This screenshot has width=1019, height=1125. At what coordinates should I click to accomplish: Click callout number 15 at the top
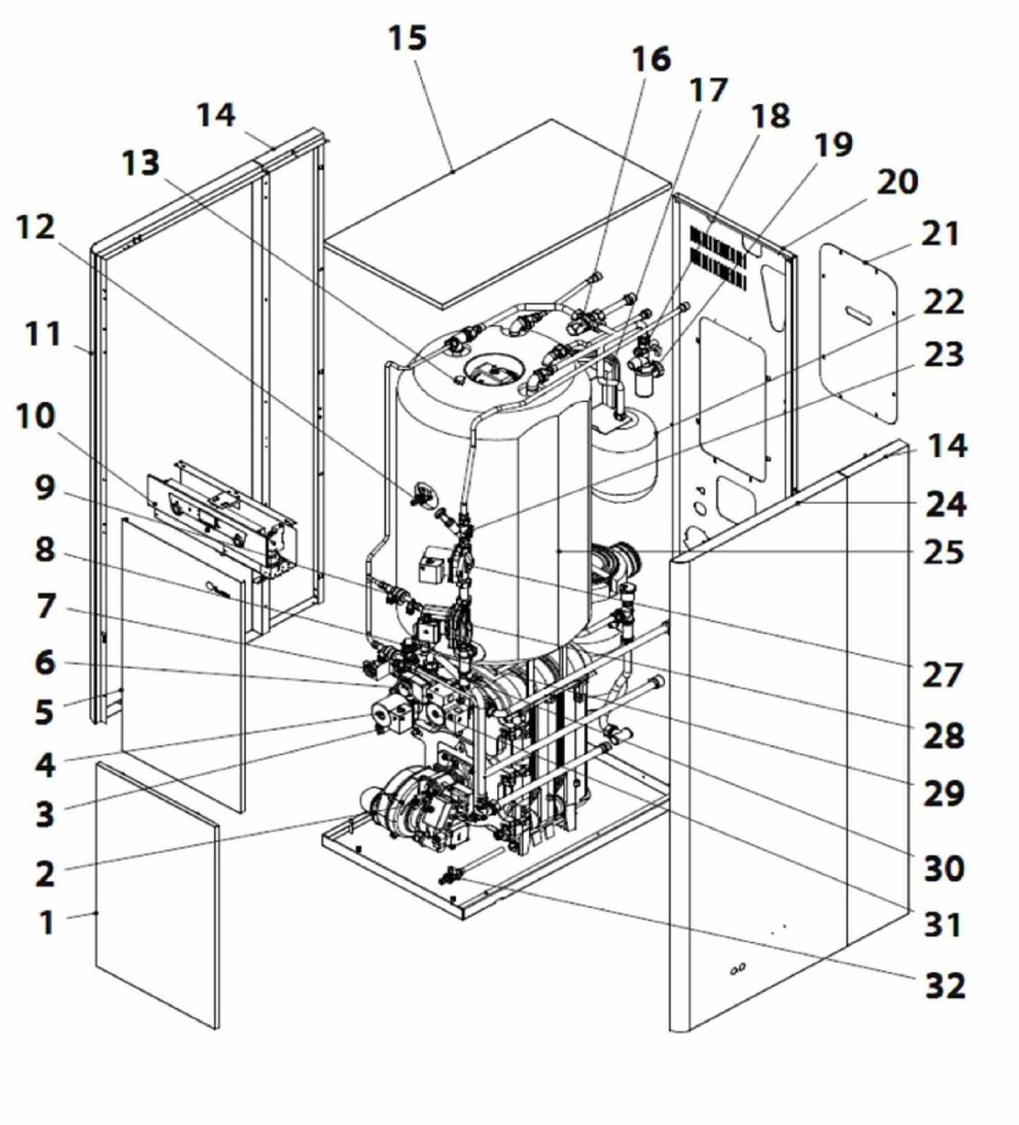(x=408, y=38)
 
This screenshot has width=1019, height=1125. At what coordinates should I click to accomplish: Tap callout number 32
(x=945, y=985)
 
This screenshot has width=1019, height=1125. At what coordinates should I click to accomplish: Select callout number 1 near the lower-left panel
(x=46, y=922)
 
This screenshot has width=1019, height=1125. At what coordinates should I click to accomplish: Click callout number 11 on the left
(x=43, y=335)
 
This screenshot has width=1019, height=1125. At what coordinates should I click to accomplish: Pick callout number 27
(x=942, y=675)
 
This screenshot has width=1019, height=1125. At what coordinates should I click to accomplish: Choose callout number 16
(x=650, y=59)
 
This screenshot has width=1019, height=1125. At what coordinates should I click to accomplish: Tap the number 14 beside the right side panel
(x=947, y=446)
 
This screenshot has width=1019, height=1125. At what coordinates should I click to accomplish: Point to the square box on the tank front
(x=434, y=565)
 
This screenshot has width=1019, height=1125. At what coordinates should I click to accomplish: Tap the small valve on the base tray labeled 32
(x=453, y=876)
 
